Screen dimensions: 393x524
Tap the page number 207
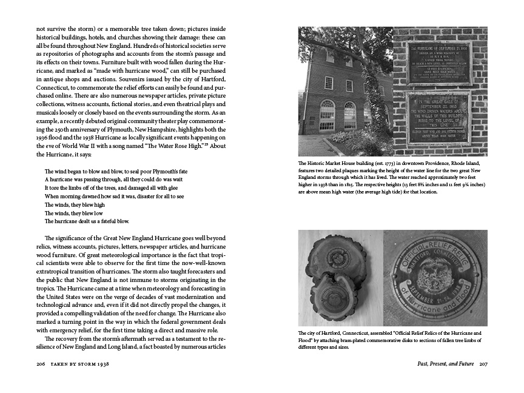point(483,364)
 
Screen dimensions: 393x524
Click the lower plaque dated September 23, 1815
point(438,118)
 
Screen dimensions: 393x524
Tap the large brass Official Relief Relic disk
point(436,277)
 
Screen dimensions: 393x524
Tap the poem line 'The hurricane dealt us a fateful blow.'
point(87,221)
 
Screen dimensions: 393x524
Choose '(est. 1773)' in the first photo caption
point(371,164)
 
